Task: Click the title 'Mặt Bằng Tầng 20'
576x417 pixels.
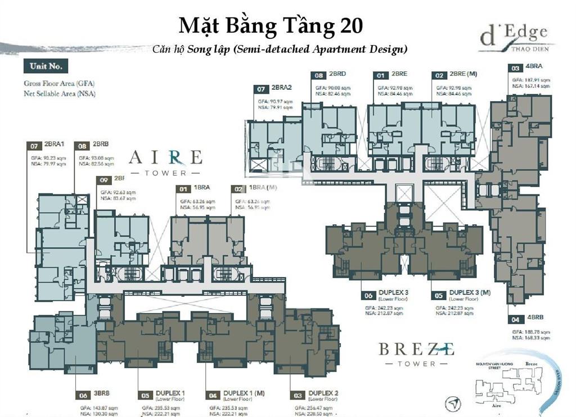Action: coord(271,26)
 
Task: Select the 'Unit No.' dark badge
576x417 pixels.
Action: coord(46,66)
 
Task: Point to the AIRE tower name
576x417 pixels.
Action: coord(165,156)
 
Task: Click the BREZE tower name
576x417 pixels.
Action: coord(416,349)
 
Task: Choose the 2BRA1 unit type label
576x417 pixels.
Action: coord(55,146)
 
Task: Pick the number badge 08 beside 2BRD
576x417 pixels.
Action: coord(319,74)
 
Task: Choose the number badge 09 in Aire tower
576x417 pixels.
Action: coord(102,179)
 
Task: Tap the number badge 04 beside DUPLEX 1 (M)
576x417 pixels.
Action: coord(212,395)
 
